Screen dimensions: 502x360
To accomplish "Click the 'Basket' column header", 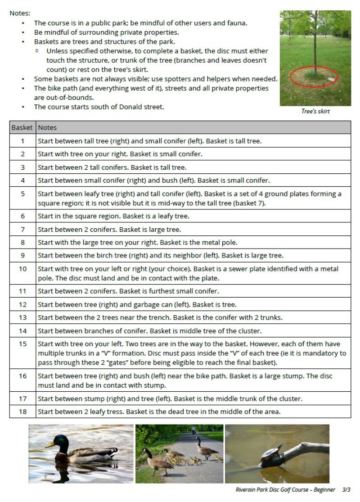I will [22, 127].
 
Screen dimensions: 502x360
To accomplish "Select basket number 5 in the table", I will [22, 194].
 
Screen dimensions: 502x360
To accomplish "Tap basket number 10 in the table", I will [22, 269].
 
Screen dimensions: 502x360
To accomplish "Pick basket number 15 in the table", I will [22, 344].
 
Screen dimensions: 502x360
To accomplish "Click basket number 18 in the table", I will [22, 412].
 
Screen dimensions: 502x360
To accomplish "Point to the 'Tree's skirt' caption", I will [315, 111].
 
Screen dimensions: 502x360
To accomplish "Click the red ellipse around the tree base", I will [314, 77].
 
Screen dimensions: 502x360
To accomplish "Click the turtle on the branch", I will [270, 455].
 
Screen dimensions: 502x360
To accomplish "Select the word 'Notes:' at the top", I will [20, 14].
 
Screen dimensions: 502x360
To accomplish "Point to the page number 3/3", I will [346, 489].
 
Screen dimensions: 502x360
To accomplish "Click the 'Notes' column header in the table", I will [47, 127].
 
